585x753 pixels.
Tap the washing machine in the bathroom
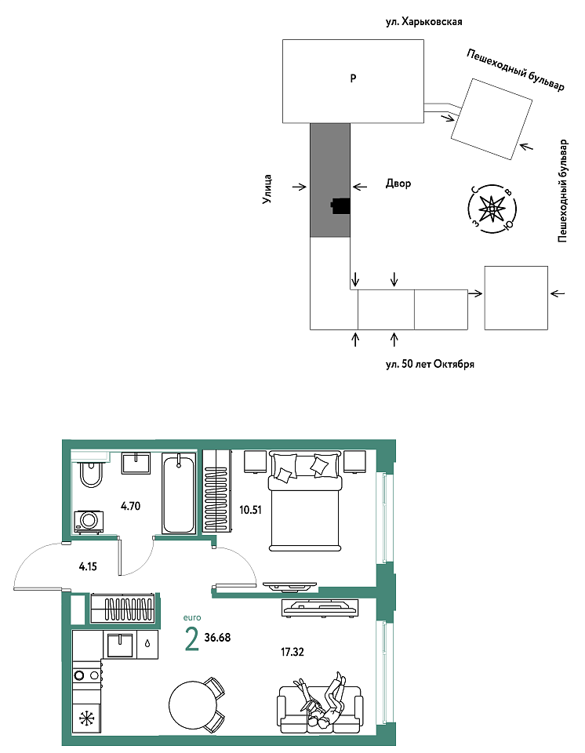click(x=89, y=522)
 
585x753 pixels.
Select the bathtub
click(x=179, y=493)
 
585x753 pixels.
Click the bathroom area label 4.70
click(x=131, y=506)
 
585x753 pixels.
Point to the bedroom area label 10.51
click(x=250, y=510)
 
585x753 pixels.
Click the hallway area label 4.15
click(x=88, y=566)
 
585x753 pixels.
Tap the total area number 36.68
click(x=217, y=638)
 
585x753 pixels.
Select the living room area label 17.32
click(x=292, y=652)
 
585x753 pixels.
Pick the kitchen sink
click(x=120, y=646)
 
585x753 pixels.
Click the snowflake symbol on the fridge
click(x=87, y=718)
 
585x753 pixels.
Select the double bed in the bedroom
click(x=305, y=500)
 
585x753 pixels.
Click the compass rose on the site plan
click(x=492, y=209)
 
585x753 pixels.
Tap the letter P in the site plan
click(x=353, y=78)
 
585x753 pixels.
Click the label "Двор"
click(x=398, y=184)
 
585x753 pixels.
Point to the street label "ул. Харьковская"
click(x=424, y=22)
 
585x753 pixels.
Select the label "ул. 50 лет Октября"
click(x=430, y=364)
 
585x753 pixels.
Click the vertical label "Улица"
click(x=267, y=189)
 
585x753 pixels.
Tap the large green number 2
click(x=191, y=639)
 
